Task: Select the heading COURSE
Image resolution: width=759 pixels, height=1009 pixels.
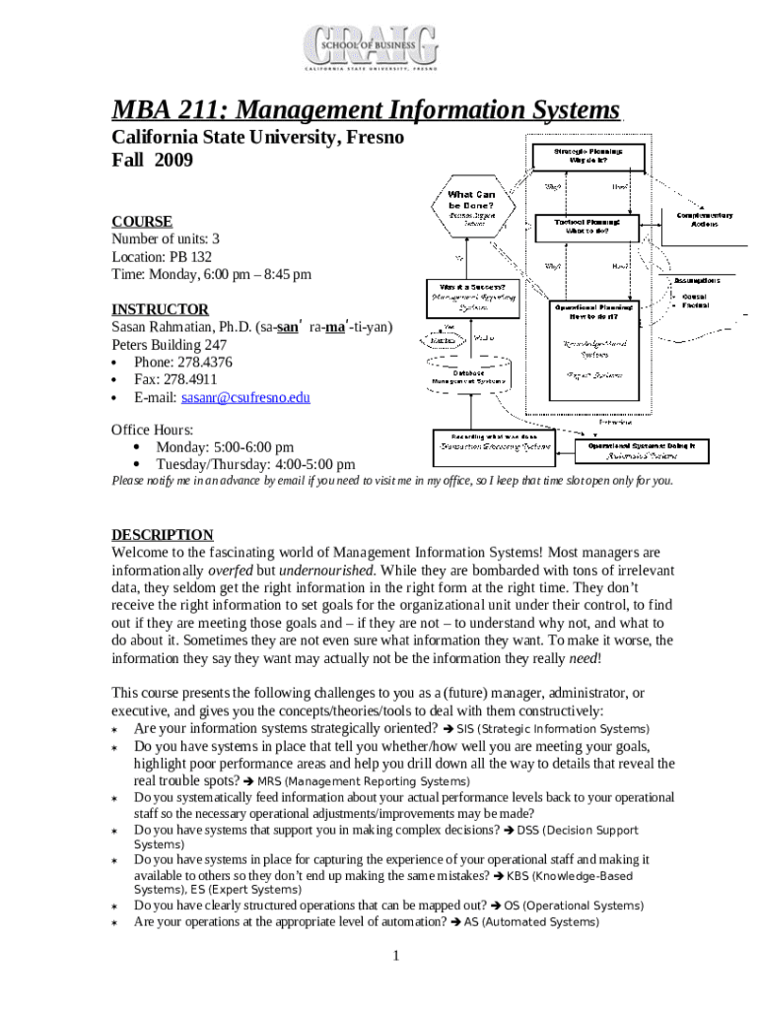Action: (141, 221)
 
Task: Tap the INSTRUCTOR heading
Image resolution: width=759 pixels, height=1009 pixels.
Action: (160, 308)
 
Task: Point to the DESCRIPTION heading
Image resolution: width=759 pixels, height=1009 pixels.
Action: (162, 535)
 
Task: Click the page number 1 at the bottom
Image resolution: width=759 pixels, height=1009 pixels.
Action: (394, 956)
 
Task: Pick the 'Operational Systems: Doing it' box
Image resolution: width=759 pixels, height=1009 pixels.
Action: (641, 450)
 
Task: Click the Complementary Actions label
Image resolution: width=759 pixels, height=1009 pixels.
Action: (704, 220)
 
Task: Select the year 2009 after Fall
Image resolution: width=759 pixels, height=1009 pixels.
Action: (174, 160)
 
